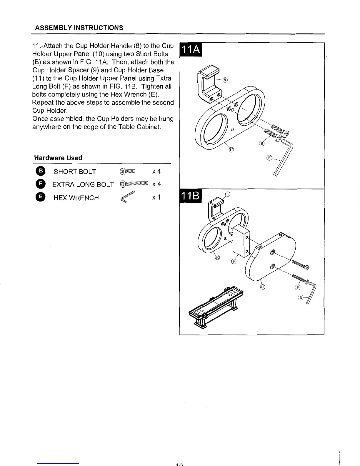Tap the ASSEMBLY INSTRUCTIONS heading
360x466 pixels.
coord(79,28)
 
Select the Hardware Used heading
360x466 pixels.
coord(58,158)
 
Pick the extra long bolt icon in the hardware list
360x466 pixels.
coord(134,184)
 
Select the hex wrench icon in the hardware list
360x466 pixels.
coord(127,197)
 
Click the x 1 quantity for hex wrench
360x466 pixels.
coord(156,197)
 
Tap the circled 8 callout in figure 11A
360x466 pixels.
coord(225,80)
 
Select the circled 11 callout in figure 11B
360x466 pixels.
coord(263,287)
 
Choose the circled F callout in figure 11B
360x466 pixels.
coord(297,287)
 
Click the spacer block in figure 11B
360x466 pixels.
coord(241,241)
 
